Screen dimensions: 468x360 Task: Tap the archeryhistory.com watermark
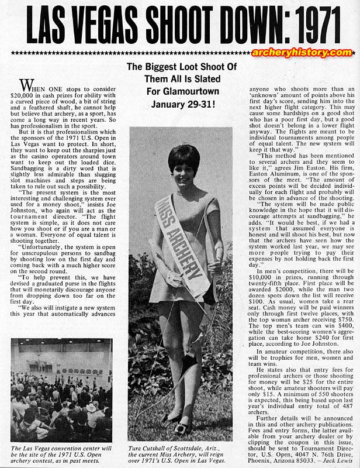(x=298, y=53)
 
